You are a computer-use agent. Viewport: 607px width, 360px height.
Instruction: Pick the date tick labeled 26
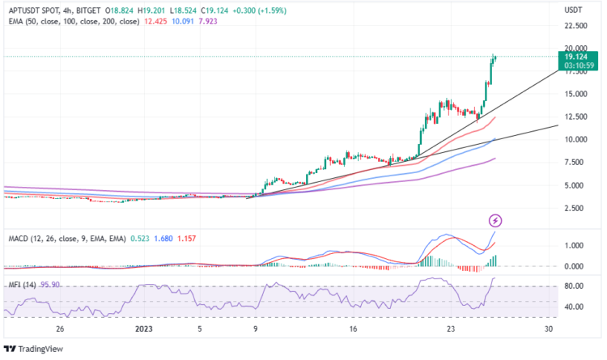click(x=59, y=330)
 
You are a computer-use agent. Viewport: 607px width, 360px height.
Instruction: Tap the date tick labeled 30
click(x=549, y=330)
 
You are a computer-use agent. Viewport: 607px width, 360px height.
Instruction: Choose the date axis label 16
click(x=353, y=330)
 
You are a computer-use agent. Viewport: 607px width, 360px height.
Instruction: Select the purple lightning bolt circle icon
click(x=495, y=220)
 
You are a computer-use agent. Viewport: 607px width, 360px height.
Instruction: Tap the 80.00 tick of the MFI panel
click(x=575, y=286)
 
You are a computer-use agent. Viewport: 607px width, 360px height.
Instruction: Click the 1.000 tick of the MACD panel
click(x=575, y=245)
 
